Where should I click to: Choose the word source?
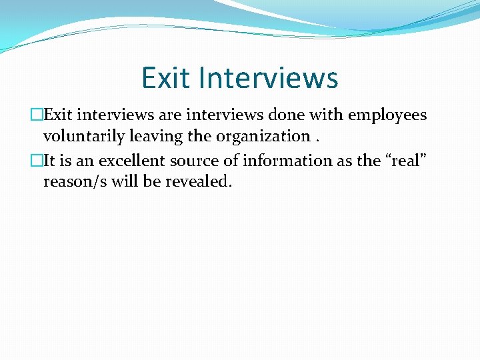tap(195, 161)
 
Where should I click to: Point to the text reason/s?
tap(72, 182)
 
